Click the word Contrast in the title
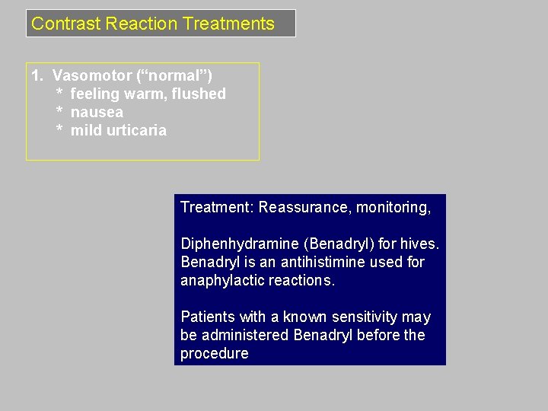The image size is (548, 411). tap(66, 24)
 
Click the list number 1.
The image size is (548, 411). tap(37, 76)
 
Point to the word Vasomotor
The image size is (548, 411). tap(92, 76)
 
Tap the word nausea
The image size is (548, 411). tap(97, 113)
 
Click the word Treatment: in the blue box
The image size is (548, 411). tap(217, 208)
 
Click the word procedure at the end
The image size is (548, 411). tap(214, 354)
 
